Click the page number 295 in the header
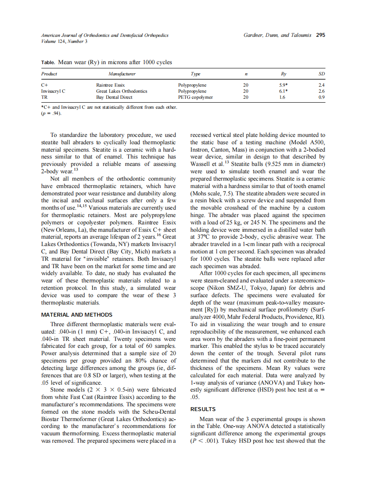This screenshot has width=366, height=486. [x=320, y=35]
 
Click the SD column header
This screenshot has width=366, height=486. [x=321, y=74]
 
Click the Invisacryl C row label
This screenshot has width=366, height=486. [x=53, y=91]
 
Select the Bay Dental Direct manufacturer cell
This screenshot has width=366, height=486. [x=114, y=97]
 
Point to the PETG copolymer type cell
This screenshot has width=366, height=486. [x=196, y=97]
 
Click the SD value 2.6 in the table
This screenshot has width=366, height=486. [x=321, y=91]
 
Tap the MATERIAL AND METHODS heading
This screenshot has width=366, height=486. [x=77, y=315]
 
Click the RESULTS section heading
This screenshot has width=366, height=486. [x=203, y=409]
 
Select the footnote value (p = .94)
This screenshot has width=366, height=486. [x=51, y=113]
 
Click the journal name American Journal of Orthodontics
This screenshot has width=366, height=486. [x=105, y=35]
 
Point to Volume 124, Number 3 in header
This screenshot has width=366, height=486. [x=64, y=41]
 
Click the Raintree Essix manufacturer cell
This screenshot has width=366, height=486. [x=110, y=85]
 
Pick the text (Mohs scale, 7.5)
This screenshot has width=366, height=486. [x=214, y=193]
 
